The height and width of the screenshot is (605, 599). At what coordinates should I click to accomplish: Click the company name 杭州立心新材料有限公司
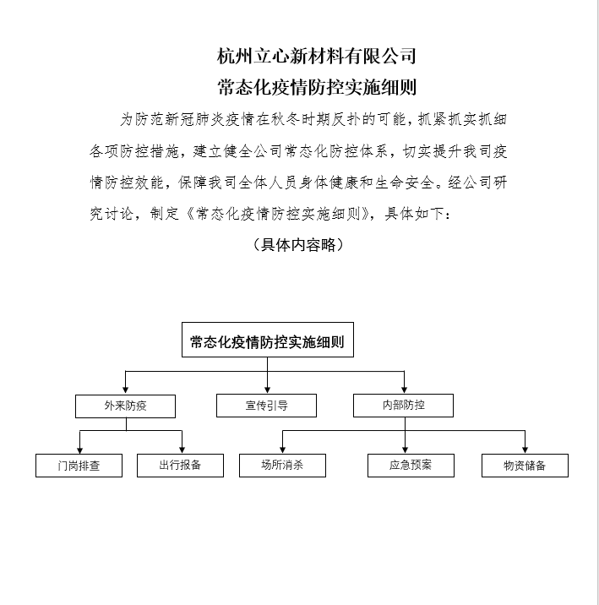[317, 57]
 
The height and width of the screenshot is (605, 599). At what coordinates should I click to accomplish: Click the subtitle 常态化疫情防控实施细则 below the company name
[317, 87]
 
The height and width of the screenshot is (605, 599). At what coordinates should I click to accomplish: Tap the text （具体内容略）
[298, 244]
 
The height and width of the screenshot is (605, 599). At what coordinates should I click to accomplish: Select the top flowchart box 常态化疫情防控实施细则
[268, 343]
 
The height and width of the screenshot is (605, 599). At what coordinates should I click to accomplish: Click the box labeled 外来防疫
[125, 406]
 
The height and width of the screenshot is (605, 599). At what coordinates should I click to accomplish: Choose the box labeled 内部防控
[403, 406]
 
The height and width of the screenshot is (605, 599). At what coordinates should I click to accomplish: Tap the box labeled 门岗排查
[79, 466]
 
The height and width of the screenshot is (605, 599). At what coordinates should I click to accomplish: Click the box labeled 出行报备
[180, 465]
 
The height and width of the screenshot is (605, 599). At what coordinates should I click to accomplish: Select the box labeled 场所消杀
[282, 465]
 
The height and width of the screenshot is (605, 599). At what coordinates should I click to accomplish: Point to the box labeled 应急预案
[411, 465]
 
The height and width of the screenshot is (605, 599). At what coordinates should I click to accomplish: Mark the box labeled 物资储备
[525, 466]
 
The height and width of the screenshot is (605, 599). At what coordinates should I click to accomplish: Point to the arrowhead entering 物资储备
[525, 450]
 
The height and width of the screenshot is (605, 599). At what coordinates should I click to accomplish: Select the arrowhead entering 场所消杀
[282, 450]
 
